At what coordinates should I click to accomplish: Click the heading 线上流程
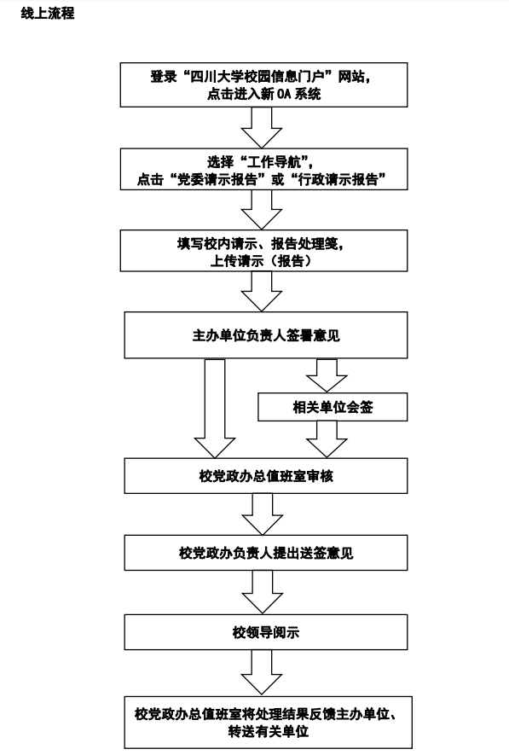[x=48, y=13]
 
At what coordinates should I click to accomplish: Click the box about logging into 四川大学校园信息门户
[x=263, y=84]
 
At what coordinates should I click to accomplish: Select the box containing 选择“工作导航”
[x=263, y=169]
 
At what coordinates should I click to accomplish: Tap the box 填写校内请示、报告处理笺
[x=263, y=250]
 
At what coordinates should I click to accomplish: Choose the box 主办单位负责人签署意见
[x=265, y=335]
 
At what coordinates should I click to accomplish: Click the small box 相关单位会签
[x=333, y=407]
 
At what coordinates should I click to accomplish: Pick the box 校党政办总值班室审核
[x=265, y=476]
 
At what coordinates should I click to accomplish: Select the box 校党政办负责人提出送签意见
[x=265, y=553]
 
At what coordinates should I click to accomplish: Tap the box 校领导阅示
[x=265, y=632]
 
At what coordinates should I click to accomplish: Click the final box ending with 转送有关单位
[x=268, y=722]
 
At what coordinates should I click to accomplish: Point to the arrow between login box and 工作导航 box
[x=261, y=128]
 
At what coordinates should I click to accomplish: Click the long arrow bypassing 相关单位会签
[x=215, y=409]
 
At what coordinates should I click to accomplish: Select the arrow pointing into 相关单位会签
[x=327, y=375]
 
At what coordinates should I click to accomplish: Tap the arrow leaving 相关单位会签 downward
[x=327, y=439]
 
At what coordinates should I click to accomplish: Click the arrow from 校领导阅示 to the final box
[x=261, y=672]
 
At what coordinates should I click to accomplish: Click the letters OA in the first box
[x=284, y=94]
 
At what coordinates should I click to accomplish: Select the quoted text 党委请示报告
[x=217, y=180]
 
